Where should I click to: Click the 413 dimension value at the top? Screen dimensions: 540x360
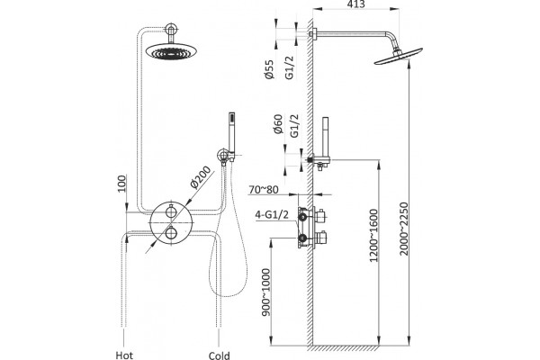pos(355,4)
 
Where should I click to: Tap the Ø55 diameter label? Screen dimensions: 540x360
pos(269,69)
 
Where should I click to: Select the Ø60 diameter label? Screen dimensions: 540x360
pos(278,124)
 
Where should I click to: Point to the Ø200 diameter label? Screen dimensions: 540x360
pos(200,177)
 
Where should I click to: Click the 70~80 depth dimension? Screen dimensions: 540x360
pos(264,190)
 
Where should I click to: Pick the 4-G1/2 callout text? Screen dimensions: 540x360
pos(272,214)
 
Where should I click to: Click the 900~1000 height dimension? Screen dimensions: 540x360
pos(266,292)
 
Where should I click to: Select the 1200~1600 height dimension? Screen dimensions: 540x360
pos(373,236)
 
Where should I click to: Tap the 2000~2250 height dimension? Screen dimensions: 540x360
pos(403,229)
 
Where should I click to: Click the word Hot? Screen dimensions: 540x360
pos(124,355)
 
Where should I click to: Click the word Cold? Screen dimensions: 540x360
pos(220,355)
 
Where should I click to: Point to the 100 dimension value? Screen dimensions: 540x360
pos(121,184)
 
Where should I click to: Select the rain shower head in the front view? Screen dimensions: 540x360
pos(171,51)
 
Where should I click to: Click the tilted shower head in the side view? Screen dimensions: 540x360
pos(399,57)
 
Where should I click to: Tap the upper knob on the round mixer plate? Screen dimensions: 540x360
pos(171,211)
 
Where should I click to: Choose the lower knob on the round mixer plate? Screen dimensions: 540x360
pos(171,233)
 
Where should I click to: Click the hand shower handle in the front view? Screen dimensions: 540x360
pos(232,135)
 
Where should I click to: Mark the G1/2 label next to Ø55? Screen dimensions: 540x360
pos(289,67)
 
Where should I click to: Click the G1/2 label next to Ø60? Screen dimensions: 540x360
pos(294,126)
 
